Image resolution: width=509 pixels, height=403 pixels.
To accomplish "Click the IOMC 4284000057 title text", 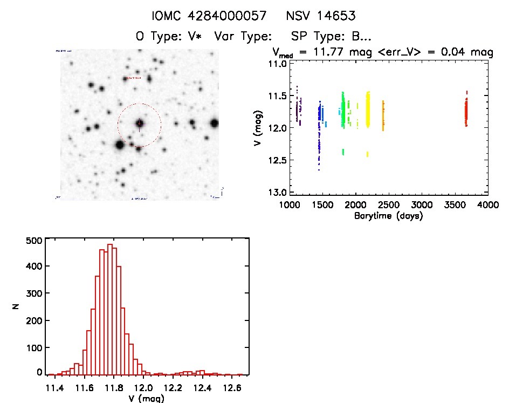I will (209, 16).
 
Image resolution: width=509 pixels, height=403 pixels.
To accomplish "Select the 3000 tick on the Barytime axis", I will (422, 206).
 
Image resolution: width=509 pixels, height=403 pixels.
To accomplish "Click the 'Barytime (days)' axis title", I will (388, 216).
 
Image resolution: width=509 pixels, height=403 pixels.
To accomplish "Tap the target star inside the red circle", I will (140, 124).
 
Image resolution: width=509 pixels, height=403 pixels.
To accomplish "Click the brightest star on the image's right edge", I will (215, 123).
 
